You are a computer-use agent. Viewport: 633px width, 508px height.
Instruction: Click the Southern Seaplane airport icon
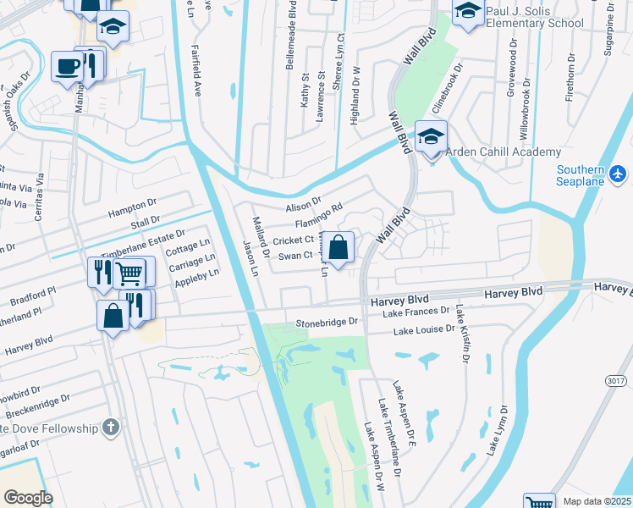point(619,174)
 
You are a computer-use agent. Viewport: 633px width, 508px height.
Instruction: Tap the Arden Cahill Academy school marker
point(431,136)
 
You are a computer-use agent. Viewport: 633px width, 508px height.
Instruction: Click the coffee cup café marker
point(67,66)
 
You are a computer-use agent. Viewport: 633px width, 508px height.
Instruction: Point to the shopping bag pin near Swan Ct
point(339,248)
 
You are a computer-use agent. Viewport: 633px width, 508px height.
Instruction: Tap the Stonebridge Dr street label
point(328,323)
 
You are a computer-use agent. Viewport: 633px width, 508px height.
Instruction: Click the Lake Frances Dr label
point(415,313)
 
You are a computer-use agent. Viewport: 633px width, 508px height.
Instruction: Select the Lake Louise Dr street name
point(424,329)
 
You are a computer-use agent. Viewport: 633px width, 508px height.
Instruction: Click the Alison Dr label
point(304,204)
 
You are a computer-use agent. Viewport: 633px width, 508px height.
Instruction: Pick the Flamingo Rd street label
point(318,216)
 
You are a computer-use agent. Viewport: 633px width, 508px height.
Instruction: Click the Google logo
point(28,498)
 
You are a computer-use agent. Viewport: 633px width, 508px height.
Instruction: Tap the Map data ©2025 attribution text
point(597,501)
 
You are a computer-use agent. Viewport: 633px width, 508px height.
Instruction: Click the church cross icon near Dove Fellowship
point(110,428)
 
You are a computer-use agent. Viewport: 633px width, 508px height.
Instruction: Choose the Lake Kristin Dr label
point(464,334)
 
